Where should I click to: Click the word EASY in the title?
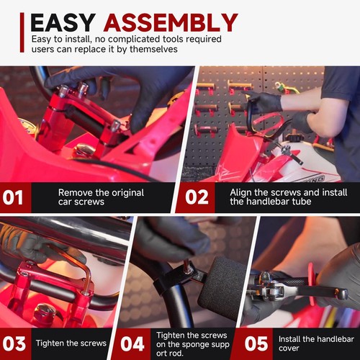click(x=63, y=22)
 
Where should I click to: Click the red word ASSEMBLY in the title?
click(x=171, y=22)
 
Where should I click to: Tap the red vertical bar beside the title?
click(x=22, y=32)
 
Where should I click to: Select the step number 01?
click(x=13, y=197)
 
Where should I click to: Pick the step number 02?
click(x=197, y=197)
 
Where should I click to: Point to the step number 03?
click(x=14, y=343)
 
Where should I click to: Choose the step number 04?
click(x=132, y=343)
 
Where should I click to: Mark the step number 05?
click(x=256, y=343)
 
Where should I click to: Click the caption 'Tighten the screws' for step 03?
click(x=71, y=343)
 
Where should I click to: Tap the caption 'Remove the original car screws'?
click(x=101, y=197)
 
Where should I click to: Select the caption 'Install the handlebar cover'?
click(x=316, y=343)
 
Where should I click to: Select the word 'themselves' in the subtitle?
click(x=153, y=49)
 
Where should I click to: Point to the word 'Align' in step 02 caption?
click(x=241, y=193)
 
